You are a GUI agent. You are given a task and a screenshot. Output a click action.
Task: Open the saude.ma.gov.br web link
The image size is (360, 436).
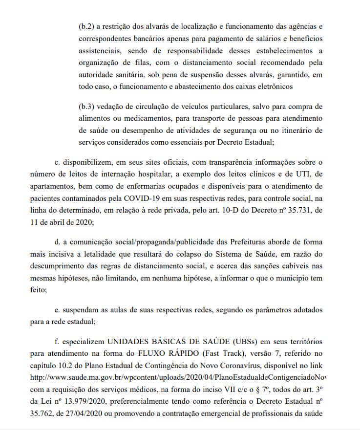(x=178, y=378)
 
